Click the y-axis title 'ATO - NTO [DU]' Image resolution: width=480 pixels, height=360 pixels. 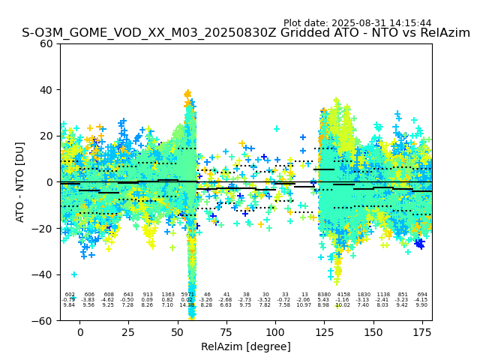20,181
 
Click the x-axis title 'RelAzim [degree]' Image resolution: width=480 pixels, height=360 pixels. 245,346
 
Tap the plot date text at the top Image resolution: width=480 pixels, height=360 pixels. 357,23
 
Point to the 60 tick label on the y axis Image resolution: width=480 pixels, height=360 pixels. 47,43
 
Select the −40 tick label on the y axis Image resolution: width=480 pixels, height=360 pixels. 44,274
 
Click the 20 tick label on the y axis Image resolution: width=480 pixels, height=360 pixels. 47,136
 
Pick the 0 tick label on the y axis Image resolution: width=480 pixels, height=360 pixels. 50,182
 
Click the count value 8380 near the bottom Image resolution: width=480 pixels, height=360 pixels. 324,295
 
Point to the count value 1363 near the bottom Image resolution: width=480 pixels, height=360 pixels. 167,295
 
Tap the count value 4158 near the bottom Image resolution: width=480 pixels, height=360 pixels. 343,295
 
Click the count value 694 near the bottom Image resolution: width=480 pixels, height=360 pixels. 421,295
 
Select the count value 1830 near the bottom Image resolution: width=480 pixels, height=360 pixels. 363,295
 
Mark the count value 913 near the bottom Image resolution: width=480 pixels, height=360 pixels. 148,295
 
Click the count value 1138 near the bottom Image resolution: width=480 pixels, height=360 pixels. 382,295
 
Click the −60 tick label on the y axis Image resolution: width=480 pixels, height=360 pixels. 44,321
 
